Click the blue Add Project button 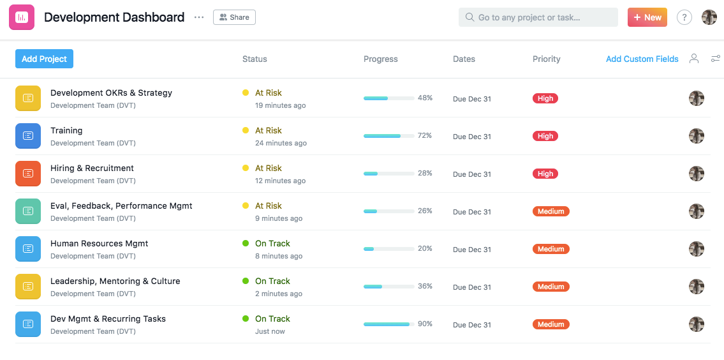point(44,59)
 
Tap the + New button point(647,17)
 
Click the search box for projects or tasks point(538,17)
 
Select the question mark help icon point(684,18)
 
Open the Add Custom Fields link point(642,59)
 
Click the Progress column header point(380,59)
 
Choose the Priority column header point(546,59)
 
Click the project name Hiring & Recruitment point(92,169)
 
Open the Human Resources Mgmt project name point(100,244)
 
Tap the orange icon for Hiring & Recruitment point(28,174)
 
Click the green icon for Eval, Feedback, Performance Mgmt point(28,211)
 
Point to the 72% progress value point(425,135)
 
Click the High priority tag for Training point(545,136)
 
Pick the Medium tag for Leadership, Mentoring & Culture point(551,287)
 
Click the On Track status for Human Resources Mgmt point(272,244)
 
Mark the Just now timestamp point(270,331)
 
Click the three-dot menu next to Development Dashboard point(199,18)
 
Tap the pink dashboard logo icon point(22,17)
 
